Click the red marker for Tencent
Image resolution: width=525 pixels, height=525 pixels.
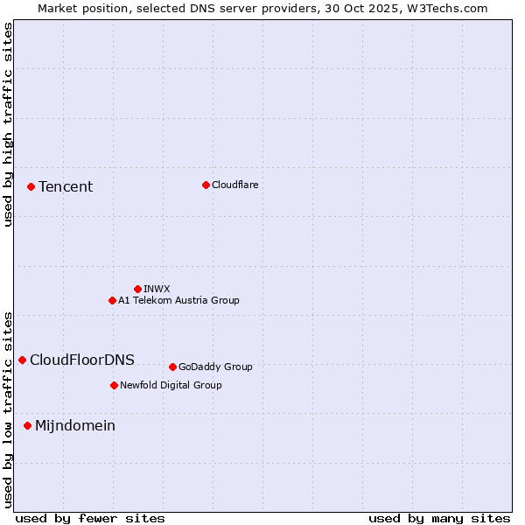tap(31, 186)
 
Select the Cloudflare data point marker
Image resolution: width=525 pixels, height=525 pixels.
tap(206, 185)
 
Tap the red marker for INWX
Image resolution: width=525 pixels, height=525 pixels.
tap(137, 289)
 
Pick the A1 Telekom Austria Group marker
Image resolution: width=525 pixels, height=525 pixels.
tap(112, 300)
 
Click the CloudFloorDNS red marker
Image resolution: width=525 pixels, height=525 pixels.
tap(22, 360)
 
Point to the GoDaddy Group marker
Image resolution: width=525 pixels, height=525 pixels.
tap(172, 367)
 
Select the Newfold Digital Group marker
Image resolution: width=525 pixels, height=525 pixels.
tap(114, 385)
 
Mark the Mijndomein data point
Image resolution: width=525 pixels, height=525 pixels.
tap(27, 425)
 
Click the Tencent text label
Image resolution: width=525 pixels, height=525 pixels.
tap(66, 186)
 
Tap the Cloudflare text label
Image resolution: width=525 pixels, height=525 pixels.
tap(234, 185)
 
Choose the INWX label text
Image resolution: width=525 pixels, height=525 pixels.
tap(157, 289)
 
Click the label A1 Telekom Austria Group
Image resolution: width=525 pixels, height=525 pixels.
tap(178, 300)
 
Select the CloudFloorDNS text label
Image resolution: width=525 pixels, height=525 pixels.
tap(82, 360)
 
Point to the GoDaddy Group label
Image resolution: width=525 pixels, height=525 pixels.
tap(215, 367)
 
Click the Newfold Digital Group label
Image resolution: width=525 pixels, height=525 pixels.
tap(171, 385)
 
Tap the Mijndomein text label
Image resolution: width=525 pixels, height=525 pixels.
tap(75, 425)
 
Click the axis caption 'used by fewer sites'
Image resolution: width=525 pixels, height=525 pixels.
tap(90, 518)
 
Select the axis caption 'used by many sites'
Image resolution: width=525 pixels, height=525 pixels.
tap(439, 518)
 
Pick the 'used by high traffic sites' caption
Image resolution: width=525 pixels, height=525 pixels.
tap(8, 125)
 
